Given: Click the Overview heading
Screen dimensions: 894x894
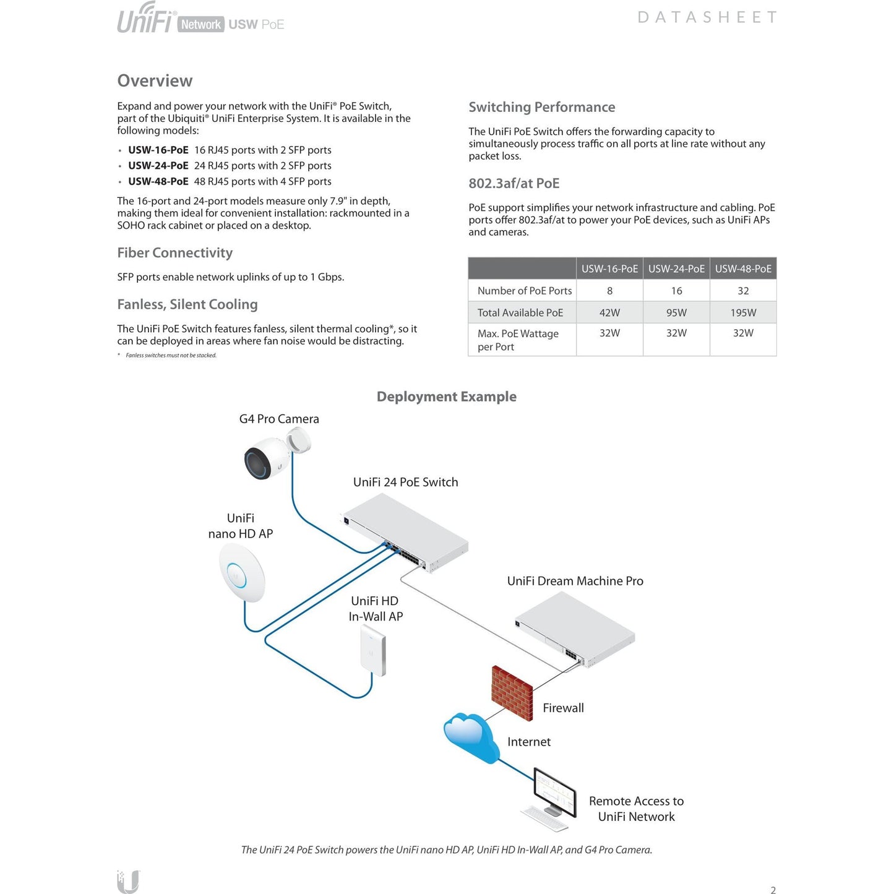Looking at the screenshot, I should tap(155, 81).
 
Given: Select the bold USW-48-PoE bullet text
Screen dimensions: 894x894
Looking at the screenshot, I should tap(158, 181).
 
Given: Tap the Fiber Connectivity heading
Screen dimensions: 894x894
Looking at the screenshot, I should tap(174, 253).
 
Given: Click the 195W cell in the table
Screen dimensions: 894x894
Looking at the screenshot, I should tap(743, 313).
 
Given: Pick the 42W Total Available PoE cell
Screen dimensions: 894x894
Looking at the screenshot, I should tap(609, 313).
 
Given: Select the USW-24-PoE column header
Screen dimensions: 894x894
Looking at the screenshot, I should tap(676, 269).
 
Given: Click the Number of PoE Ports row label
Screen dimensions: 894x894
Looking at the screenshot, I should tap(524, 291).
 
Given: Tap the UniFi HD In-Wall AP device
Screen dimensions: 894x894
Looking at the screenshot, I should tap(374, 651).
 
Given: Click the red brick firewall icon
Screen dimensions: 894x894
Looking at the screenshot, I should tap(512, 692).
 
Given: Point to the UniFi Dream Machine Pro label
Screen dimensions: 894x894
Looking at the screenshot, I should tap(575, 581).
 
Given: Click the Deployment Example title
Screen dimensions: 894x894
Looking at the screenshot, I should tap(446, 397).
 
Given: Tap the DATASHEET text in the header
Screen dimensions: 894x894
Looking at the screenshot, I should tap(707, 17).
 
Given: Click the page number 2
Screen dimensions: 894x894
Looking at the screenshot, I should tap(773, 890).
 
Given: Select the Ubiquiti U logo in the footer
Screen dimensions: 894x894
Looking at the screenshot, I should tap(128, 881).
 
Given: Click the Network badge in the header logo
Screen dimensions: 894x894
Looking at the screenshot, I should tap(200, 25).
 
